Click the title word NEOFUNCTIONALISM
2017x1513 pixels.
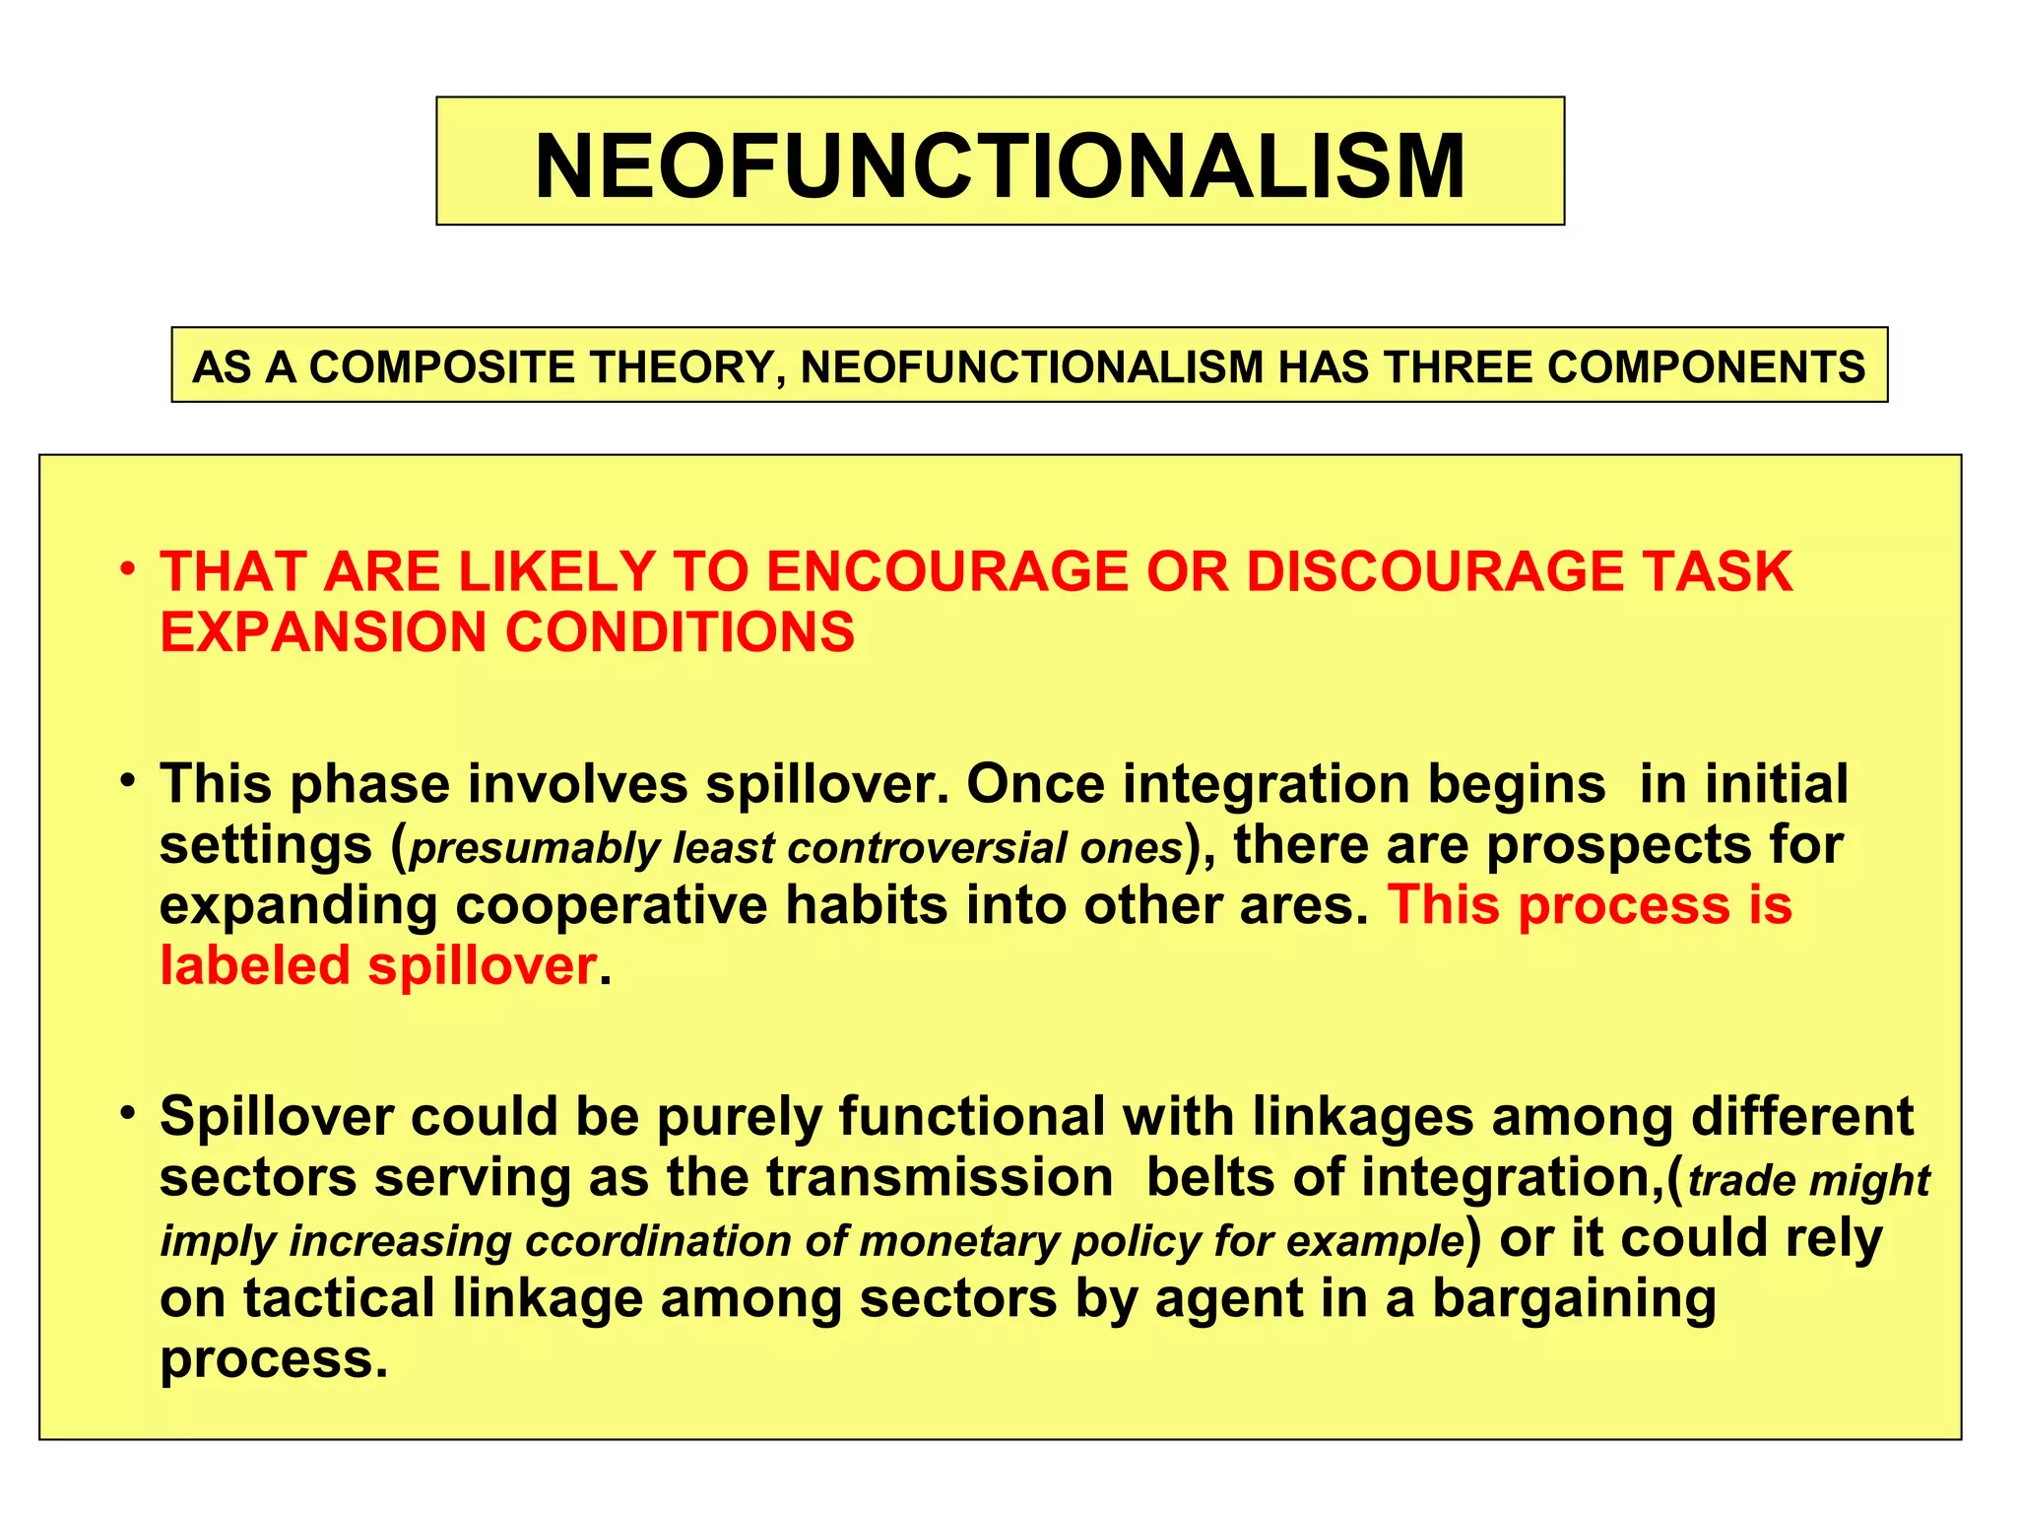click(x=1000, y=165)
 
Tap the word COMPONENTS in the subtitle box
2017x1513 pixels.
click(x=1706, y=367)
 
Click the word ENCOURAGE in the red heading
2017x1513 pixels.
click(x=946, y=571)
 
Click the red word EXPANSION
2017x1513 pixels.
click(x=324, y=631)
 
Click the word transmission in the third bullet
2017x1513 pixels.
click(x=940, y=1177)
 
